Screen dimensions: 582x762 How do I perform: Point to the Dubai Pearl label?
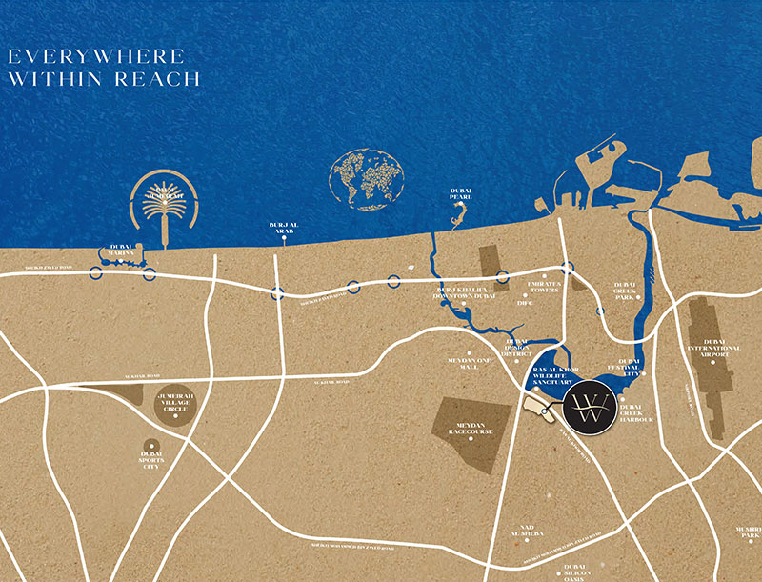[x=461, y=194]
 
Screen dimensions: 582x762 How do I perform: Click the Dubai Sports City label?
[x=150, y=460]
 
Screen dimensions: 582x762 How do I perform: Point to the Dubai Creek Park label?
[x=625, y=291]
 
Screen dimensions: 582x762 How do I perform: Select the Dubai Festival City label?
[x=629, y=368]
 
